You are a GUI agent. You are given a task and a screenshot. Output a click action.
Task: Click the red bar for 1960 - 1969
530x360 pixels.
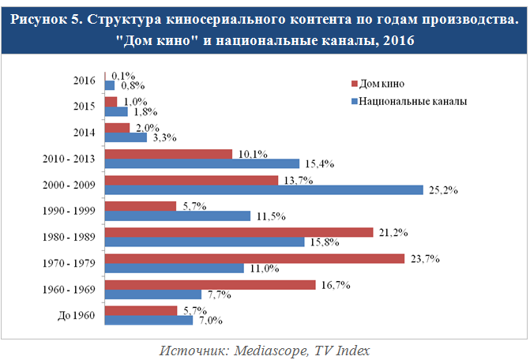[x=209, y=284]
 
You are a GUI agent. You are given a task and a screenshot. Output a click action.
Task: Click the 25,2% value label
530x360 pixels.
[x=442, y=190]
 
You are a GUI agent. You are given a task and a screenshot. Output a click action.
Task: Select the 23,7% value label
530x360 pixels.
[x=423, y=258]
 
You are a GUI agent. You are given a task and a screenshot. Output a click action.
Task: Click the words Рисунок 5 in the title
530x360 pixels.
[x=48, y=19]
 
